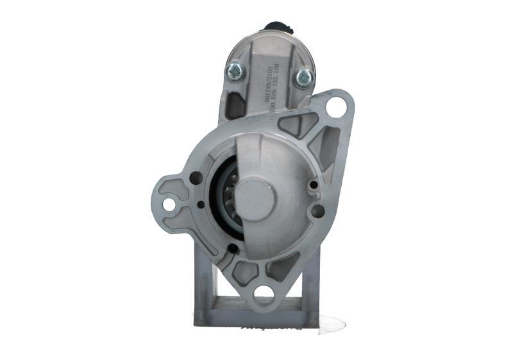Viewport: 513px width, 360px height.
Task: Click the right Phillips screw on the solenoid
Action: tap(303, 78)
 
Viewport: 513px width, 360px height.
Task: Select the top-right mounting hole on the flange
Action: tap(336, 107)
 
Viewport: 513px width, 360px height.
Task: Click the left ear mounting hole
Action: tap(169, 204)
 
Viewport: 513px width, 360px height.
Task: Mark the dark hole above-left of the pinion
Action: tap(196, 178)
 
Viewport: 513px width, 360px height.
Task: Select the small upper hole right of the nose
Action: tap(313, 185)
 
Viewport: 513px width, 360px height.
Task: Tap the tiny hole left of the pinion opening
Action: tap(201, 205)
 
